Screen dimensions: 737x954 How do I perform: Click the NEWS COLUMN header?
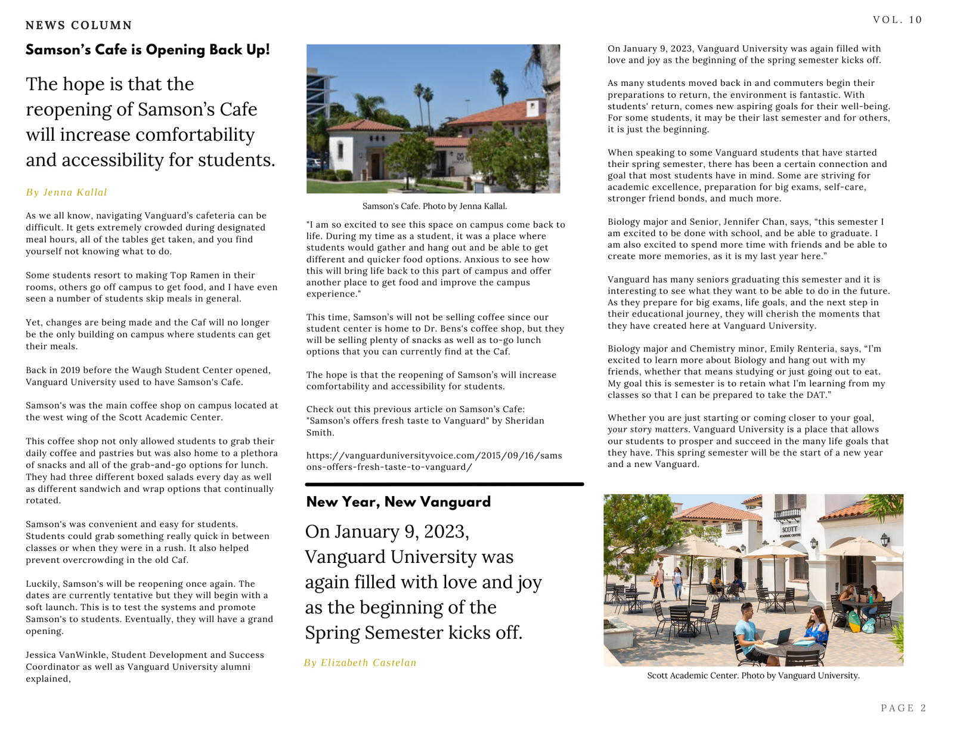pos(79,25)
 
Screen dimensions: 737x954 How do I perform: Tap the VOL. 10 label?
pos(897,20)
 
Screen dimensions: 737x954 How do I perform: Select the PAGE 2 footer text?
pos(903,708)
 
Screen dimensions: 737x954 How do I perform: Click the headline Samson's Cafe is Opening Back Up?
pos(147,49)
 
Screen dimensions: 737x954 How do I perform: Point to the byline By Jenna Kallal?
pos(66,192)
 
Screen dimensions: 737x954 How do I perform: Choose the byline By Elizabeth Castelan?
pos(360,662)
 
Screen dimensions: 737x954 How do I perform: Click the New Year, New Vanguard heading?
pos(398,502)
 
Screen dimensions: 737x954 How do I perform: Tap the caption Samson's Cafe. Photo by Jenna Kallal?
pos(435,206)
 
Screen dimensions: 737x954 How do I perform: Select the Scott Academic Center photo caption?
pos(753,676)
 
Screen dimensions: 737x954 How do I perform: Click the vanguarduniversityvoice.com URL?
pos(434,461)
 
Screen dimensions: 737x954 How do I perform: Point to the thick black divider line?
pos(444,484)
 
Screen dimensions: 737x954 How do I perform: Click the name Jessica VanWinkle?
pos(66,655)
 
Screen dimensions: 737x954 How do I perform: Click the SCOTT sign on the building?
pos(790,529)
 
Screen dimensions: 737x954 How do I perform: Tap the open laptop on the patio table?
pos(783,636)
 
